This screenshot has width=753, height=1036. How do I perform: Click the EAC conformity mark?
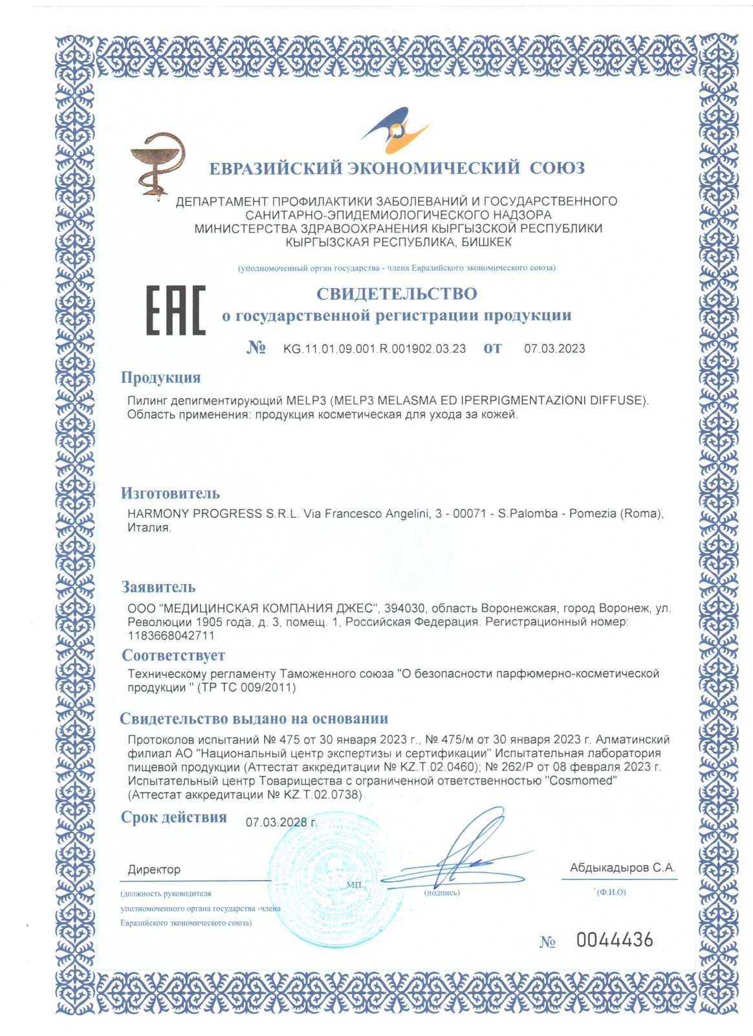[175, 310]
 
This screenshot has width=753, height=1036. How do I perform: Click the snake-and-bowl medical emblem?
[157, 164]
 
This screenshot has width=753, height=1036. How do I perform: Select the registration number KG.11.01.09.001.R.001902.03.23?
[375, 348]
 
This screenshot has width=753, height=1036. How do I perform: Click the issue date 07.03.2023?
[554, 348]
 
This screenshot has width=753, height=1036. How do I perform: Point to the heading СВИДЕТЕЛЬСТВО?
[397, 293]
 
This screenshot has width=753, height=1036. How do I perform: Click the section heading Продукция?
[161, 377]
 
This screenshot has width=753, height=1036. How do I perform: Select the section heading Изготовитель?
[171, 493]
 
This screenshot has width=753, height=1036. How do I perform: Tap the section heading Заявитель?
[158, 587]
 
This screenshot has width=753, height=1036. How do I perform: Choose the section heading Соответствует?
[173, 655]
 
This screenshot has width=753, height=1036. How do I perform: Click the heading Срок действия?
[174, 817]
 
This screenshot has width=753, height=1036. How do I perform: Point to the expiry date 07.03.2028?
[280, 822]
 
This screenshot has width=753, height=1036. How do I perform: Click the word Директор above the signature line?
[154, 870]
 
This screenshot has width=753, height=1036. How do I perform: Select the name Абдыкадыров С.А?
[622, 868]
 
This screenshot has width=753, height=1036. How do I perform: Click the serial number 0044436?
[615, 940]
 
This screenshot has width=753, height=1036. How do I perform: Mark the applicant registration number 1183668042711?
[171, 636]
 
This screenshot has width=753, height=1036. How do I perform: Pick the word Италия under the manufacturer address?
[149, 528]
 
